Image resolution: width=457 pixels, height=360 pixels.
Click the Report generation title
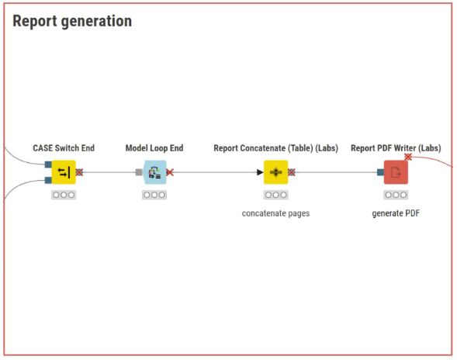point(72,22)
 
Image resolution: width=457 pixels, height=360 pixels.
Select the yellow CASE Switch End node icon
point(64,172)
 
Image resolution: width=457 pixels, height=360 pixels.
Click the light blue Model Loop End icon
point(154,172)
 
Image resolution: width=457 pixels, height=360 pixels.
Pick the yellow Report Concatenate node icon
point(275,172)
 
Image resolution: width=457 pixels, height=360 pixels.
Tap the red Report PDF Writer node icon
point(396,172)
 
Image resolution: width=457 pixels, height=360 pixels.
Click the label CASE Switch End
point(64,148)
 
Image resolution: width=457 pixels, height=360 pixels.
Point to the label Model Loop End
point(154,148)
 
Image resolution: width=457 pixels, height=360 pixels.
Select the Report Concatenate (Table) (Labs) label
point(275,148)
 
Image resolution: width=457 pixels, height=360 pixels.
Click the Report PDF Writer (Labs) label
point(396,148)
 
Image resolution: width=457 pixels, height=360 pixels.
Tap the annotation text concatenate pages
point(275,213)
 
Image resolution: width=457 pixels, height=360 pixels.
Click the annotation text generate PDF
point(396,213)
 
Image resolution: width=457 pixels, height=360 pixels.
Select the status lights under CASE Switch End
point(64,195)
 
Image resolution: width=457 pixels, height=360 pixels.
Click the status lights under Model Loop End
point(154,195)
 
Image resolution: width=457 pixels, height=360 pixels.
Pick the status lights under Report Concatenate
point(275,195)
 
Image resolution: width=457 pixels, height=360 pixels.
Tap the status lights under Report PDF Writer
point(396,195)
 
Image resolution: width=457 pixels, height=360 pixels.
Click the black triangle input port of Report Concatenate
point(260,172)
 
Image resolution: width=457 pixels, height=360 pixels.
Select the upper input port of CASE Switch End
point(48,164)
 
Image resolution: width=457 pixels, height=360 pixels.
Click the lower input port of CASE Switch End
point(48,180)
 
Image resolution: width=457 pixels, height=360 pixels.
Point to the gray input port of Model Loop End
point(139,172)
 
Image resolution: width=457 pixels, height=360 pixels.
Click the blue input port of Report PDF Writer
point(380,172)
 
